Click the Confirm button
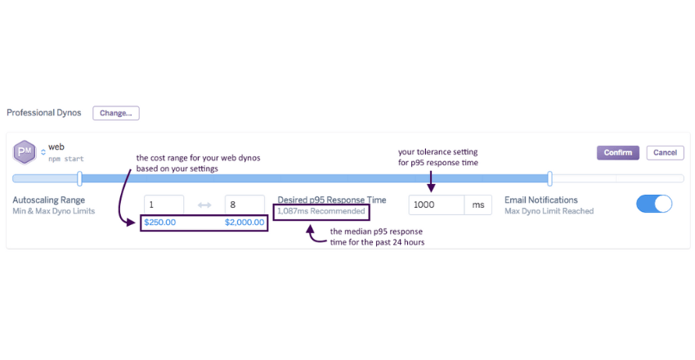coord(619,152)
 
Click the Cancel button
coord(665,152)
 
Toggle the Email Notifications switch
coord(653,204)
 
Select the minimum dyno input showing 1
coord(164,205)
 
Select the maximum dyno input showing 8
coord(244,205)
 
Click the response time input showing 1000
coord(436,205)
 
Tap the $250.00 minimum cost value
coord(159,223)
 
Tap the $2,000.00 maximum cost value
coord(244,223)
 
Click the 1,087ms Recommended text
coord(321,211)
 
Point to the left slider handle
coord(79,178)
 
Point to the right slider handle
coord(549,178)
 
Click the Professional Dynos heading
coord(44,113)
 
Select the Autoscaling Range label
coord(49,200)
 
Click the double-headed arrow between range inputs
coord(204,205)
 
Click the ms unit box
coord(478,205)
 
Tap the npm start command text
coord(66,159)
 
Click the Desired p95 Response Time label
coord(331,200)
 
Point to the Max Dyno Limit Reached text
coord(549,211)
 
